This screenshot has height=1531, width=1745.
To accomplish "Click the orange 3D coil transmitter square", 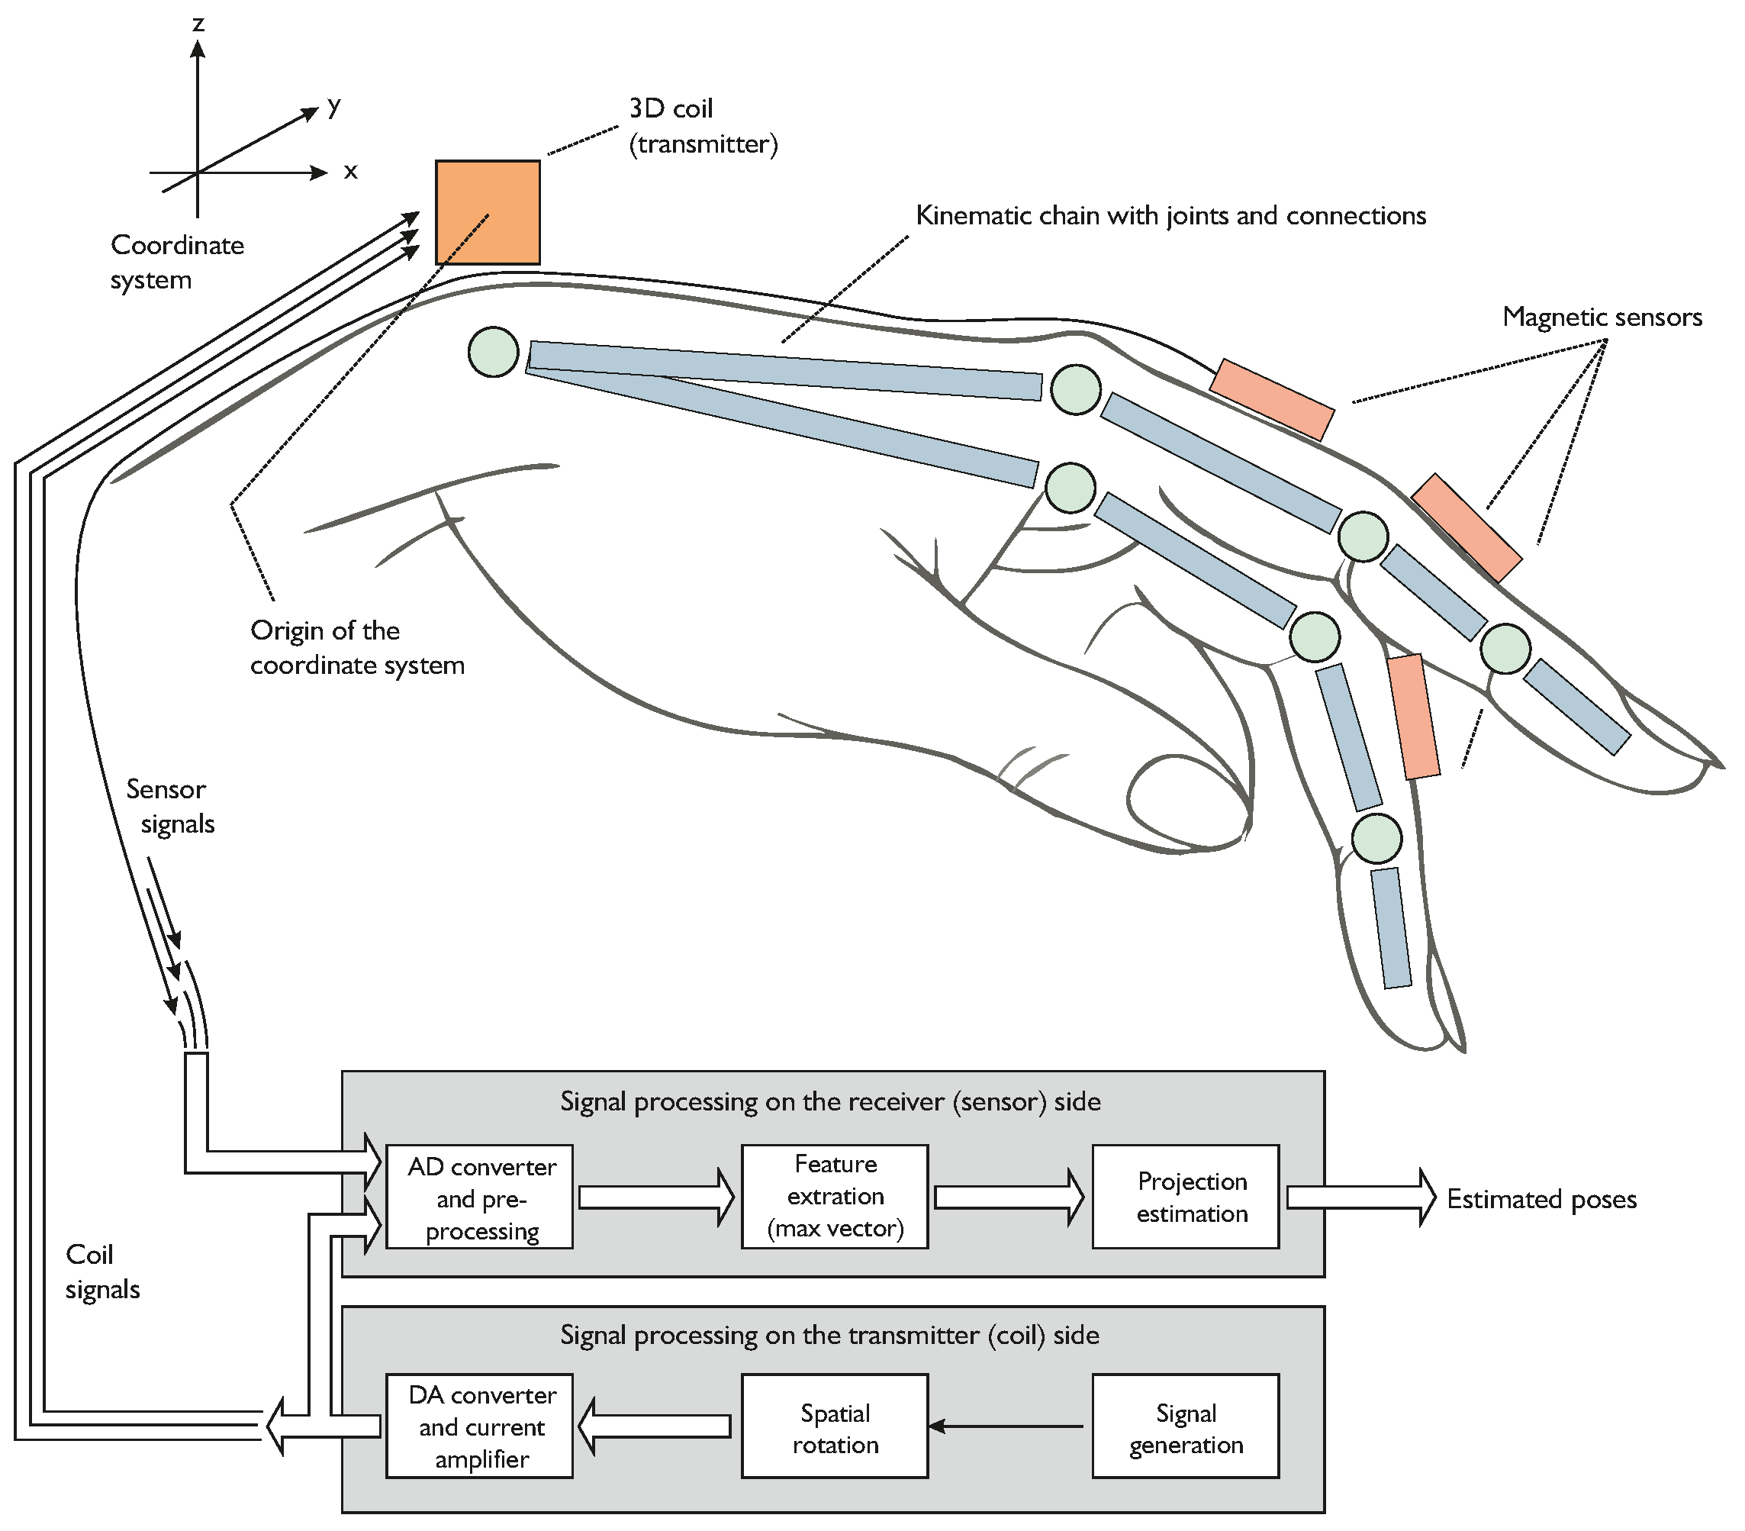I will (x=488, y=211).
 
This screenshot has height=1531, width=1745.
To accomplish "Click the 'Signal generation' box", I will (x=1185, y=1428).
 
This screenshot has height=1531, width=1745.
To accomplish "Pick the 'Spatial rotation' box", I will (x=834, y=1428).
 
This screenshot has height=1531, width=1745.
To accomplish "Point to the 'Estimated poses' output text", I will (x=1541, y=1199).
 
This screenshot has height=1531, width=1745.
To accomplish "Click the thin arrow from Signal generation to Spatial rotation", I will (x=1007, y=1426).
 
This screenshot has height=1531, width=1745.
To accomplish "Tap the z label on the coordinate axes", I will (x=198, y=23).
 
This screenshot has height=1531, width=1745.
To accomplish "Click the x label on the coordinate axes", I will (x=350, y=172).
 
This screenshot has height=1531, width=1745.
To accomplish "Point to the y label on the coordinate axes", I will (x=333, y=106).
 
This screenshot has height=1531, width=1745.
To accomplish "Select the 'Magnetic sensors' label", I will (x=1602, y=317).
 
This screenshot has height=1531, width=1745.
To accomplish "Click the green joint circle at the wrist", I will (x=494, y=352).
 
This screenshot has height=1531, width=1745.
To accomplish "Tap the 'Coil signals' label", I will (x=101, y=1272).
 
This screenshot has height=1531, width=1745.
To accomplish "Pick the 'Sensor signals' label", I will (x=171, y=806).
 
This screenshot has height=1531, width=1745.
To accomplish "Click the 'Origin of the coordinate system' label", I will (x=356, y=647).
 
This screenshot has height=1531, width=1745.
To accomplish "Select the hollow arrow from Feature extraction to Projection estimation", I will (x=1008, y=1197).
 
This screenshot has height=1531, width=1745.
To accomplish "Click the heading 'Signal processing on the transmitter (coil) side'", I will (x=829, y=1335).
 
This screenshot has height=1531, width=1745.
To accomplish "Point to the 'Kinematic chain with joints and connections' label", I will (x=1170, y=215).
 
